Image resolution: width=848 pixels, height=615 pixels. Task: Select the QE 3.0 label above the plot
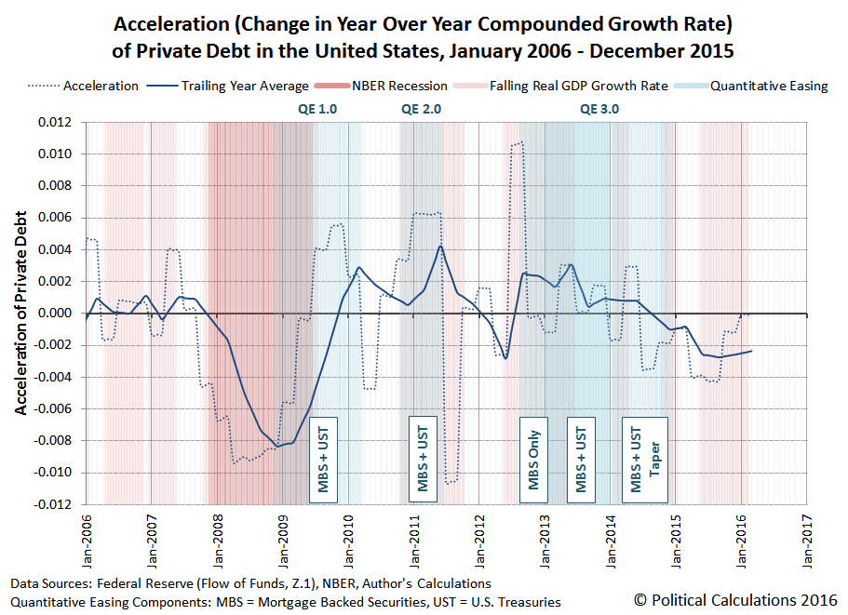click(599, 108)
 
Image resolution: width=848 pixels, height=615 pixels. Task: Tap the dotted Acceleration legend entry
click(88, 86)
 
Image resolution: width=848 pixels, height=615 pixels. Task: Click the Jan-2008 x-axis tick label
click(217, 538)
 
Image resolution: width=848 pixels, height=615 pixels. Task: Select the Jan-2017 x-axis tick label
click(807, 538)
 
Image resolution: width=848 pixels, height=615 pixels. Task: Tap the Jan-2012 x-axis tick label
click(479, 538)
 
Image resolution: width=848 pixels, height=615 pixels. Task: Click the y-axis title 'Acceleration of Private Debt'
click(20, 313)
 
